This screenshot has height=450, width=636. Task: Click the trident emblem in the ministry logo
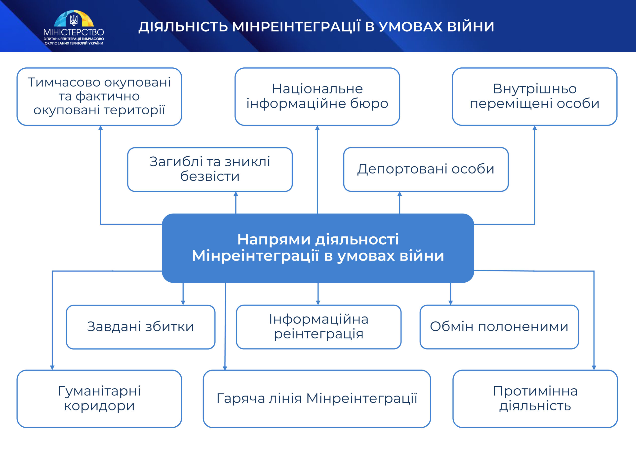click(x=74, y=20)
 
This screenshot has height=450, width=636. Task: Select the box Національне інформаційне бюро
click(x=317, y=96)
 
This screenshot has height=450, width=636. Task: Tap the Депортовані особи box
click(x=426, y=169)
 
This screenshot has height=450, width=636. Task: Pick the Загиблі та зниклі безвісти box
click(x=210, y=169)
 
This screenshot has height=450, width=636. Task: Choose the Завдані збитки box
click(x=140, y=327)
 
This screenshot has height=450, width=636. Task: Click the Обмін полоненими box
click(x=499, y=327)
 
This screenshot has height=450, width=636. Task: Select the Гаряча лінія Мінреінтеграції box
click(x=317, y=399)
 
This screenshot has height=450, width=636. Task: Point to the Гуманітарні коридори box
click(x=99, y=399)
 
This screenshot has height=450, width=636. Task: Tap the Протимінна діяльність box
click(x=535, y=399)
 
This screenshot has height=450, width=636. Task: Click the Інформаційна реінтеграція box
click(x=318, y=327)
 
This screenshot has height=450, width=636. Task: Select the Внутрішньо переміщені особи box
click(x=535, y=96)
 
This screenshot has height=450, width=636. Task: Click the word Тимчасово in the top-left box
click(x=64, y=82)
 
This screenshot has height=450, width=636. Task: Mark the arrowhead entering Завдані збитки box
click(x=183, y=303)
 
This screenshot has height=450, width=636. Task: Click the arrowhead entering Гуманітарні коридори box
click(x=52, y=367)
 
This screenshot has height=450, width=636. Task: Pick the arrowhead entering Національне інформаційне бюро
click(x=318, y=128)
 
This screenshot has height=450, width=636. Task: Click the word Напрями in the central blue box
click(x=274, y=239)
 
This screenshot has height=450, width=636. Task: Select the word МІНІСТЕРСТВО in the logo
click(x=74, y=32)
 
